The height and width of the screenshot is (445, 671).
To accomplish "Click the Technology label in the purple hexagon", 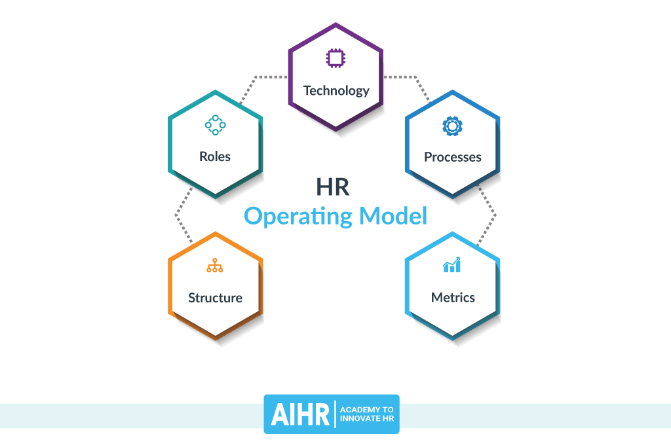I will click(336, 91).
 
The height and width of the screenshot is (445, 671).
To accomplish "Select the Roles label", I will click(215, 157).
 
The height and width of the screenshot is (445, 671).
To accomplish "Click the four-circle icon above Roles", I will click(215, 124).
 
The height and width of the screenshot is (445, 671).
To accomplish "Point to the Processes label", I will click(452, 157).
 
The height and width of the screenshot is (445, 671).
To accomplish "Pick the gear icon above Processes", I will click(452, 125).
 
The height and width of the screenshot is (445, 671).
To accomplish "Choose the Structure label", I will click(215, 298).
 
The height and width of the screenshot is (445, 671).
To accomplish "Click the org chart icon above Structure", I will click(215, 265).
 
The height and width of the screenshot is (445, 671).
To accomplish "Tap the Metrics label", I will click(453, 298).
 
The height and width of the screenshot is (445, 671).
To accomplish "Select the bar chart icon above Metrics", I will click(452, 265).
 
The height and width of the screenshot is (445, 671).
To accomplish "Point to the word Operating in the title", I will click(296, 216).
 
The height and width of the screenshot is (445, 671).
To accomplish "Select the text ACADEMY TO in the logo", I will click(367, 409).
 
